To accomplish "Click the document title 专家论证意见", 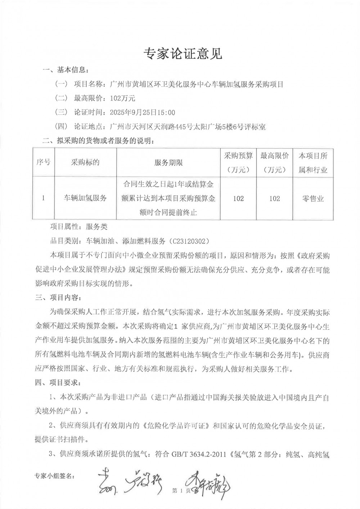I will (x=183, y=54).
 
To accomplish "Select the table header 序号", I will (x=43, y=162).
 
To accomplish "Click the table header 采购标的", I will (x=85, y=162).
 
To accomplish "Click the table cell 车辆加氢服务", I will (x=85, y=198).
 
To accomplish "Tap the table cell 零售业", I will (x=313, y=198).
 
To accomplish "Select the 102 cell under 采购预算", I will (x=238, y=198).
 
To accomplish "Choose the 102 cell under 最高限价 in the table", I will (x=275, y=198).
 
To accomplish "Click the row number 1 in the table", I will (x=43, y=198).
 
